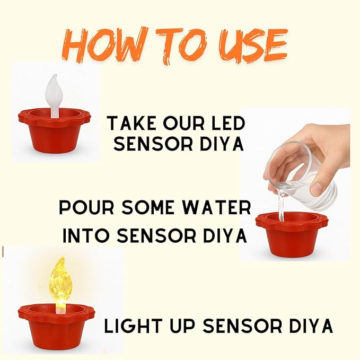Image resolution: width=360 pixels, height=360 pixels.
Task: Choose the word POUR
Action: click(x=85, y=208)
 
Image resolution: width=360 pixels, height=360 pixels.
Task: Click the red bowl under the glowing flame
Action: click(x=56, y=326)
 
